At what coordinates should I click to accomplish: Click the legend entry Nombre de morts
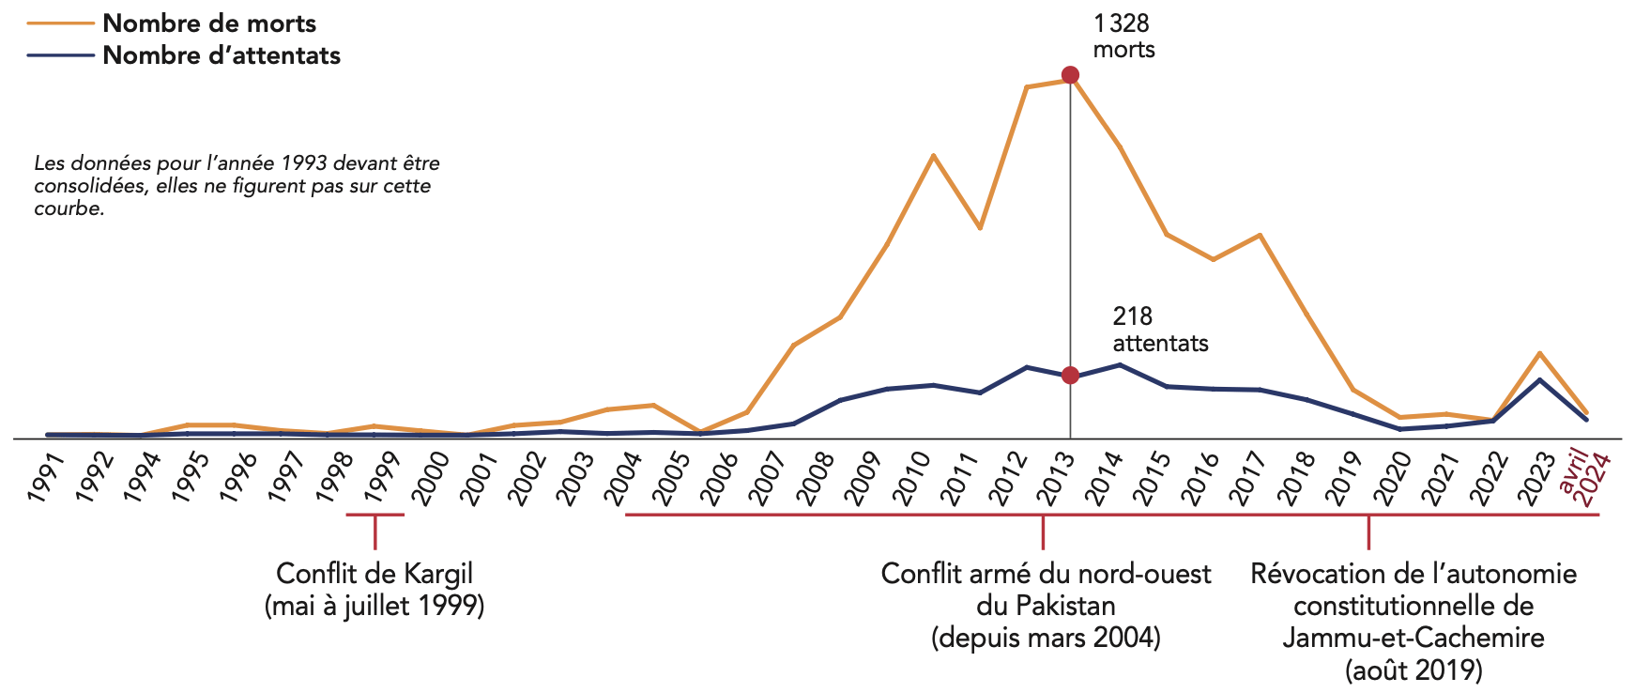pyautogui.click(x=208, y=23)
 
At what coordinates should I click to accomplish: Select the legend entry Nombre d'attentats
pyautogui.click(x=221, y=55)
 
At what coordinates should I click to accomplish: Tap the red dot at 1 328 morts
pyautogui.click(x=1070, y=75)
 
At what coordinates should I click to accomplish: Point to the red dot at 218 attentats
pyautogui.click(x=1070, y=376)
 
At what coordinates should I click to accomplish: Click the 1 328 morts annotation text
pyautogui.click(x=1123, y=37)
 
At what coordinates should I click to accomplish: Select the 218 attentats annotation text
pyautogui.click(x=1160, y=330)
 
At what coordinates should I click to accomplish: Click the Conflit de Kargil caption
pyautogui.click(x=374, y=590)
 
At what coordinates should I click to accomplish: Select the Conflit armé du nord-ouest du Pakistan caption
pyautogui.click(x=1046, y=606)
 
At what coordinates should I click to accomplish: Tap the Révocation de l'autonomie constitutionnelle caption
pyautogui.click(x=1413, y=622)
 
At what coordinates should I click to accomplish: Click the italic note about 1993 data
pyautogui.click(x=237, y=186)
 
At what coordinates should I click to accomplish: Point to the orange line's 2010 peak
pyautogui.click(x=933, y=155)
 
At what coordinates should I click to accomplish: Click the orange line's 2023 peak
pyautogui.click(x=1539, y=353)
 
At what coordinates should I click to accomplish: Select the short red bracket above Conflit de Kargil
pyautogui.click(x=374, y=516)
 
